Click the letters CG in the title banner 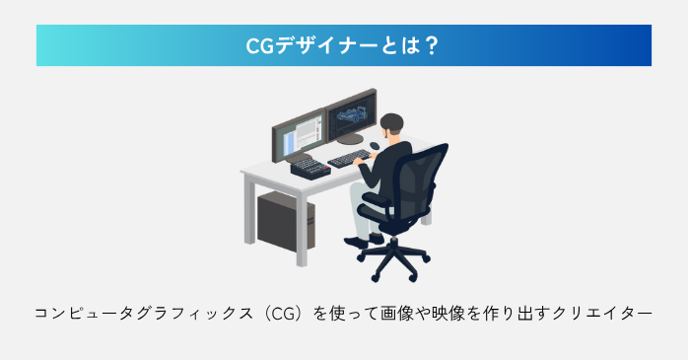coord(259,46)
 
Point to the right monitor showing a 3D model coord(347,120)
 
